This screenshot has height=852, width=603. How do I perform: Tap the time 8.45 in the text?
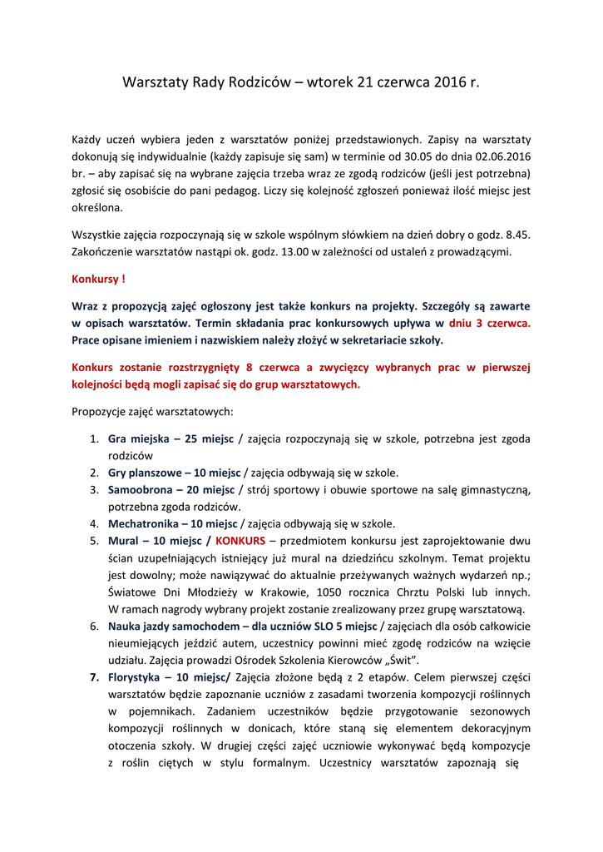(517, 235)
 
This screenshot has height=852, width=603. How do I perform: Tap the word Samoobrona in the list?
(140, 489)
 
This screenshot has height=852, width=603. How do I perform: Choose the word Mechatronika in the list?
(143, 523)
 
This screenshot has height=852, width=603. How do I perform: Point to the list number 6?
(94, 626)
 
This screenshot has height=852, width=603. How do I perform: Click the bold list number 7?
(94, 676)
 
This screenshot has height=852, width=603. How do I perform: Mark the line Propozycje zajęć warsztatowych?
(152, 411)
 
